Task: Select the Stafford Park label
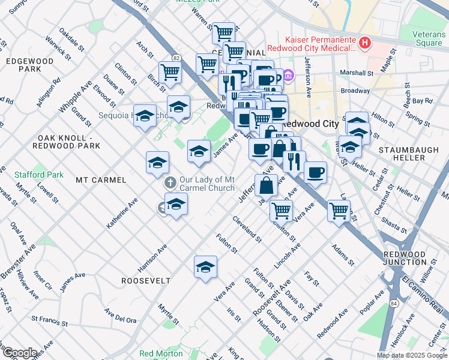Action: coord(39,175)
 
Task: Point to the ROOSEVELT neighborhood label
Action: coord(146,281)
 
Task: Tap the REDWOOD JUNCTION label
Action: coord(414,259)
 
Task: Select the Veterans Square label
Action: coord(429,38)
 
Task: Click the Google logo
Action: coord(19,352)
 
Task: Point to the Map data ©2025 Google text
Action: coord(411,355)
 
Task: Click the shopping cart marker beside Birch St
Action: coord(170,73)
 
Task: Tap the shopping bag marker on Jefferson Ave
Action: coord(266,185)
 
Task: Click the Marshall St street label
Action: coord(356,73)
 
